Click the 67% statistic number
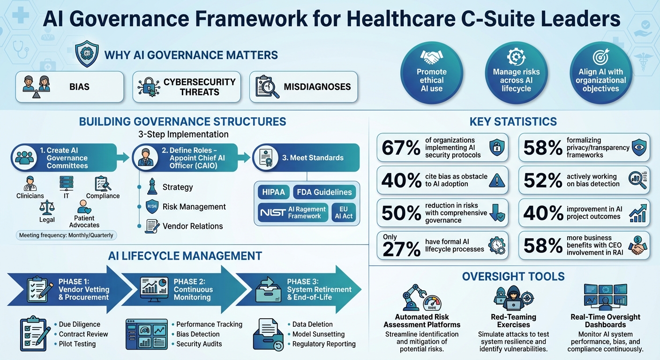[x=401, y=148]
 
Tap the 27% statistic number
[x=401, y=249]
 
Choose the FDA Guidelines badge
[x=323, y=192]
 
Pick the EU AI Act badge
[x=344, y=212]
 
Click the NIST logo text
[x=272, y=212]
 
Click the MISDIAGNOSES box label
[x=317, y=87]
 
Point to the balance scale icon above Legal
[x=47, y=207]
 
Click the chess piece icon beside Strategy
[x=151, y=187]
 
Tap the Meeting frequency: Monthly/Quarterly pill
[x=66, y=235]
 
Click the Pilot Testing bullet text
[x=77, y=344]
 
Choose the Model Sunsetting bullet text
[x=318, y=334]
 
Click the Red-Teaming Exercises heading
[x=513, y=321]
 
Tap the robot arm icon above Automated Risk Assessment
[x=413, y=297]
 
